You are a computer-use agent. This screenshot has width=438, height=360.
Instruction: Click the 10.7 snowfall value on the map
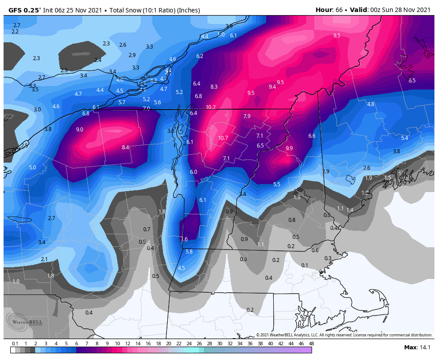[223, 138]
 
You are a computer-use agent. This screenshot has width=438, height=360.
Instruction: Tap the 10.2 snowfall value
[211, 107]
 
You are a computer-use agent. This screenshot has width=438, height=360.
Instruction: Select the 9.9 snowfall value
[289, 148]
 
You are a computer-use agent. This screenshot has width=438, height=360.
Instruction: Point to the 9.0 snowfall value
[80, 130]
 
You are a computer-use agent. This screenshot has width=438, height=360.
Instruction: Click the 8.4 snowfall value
[126, 147]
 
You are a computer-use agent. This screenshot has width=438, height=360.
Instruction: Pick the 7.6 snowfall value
[184, 239]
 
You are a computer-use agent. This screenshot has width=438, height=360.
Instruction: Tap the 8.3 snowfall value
[214, 87]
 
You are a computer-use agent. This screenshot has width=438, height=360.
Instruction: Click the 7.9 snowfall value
[247, 116]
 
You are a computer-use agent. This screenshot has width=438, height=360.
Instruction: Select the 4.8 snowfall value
[370, 104]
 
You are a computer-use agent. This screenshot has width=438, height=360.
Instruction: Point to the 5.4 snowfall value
[404, 138]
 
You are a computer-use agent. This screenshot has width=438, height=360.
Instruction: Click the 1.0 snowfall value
[16, 282]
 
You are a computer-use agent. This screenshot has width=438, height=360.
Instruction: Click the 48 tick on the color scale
[311, 344]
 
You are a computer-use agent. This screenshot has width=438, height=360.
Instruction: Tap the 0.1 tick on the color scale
[15, 344]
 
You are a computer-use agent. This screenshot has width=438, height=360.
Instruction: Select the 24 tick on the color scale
[189, 344]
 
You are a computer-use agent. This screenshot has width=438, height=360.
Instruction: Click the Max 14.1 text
[418, 348]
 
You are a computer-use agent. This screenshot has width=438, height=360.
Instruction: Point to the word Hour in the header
[324, 10]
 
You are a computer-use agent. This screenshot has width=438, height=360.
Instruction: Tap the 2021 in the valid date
[422, 10]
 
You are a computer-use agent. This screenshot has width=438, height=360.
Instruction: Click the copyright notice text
[344, 335]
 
